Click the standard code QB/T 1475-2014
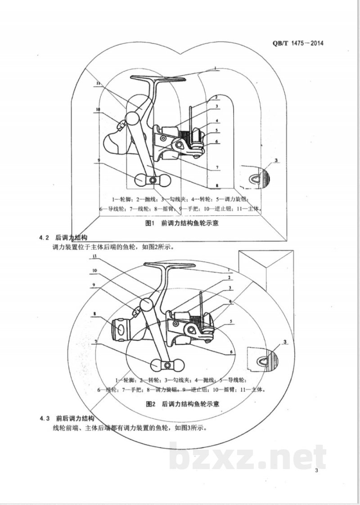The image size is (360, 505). (298, 44)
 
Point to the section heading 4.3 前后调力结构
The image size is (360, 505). (72, 419)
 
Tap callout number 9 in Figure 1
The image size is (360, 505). (98, 160)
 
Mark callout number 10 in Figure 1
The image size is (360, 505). (97, 109)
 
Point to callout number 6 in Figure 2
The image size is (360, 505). (231, 352)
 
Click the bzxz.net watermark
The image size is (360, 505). (247, 457)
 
